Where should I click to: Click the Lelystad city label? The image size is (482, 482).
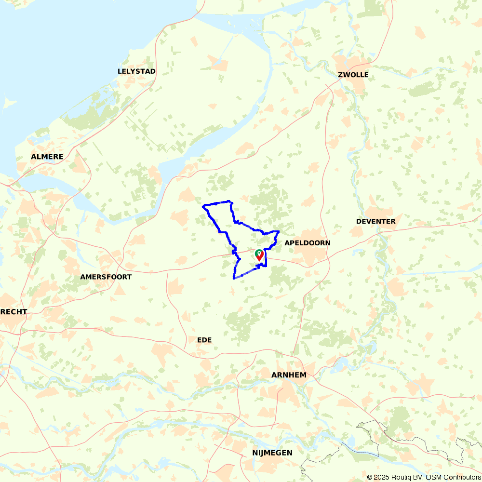136,71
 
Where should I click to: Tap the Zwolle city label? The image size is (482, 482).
353,75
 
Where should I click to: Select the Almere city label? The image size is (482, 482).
47,157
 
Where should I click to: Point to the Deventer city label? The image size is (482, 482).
375,221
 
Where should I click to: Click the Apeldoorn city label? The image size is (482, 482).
308,242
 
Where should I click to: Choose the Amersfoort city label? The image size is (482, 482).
106,277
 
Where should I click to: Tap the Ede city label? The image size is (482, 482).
204,340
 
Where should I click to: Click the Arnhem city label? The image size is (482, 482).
289,375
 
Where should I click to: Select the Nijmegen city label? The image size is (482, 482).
272,453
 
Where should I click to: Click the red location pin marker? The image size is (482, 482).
260,255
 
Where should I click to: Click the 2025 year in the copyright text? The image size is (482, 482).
381,477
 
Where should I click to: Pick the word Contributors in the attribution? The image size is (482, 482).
461,477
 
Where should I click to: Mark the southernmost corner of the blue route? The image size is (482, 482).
234,279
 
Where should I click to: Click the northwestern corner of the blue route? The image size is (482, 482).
203,206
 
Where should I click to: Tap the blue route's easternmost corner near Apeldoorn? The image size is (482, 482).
279,232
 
